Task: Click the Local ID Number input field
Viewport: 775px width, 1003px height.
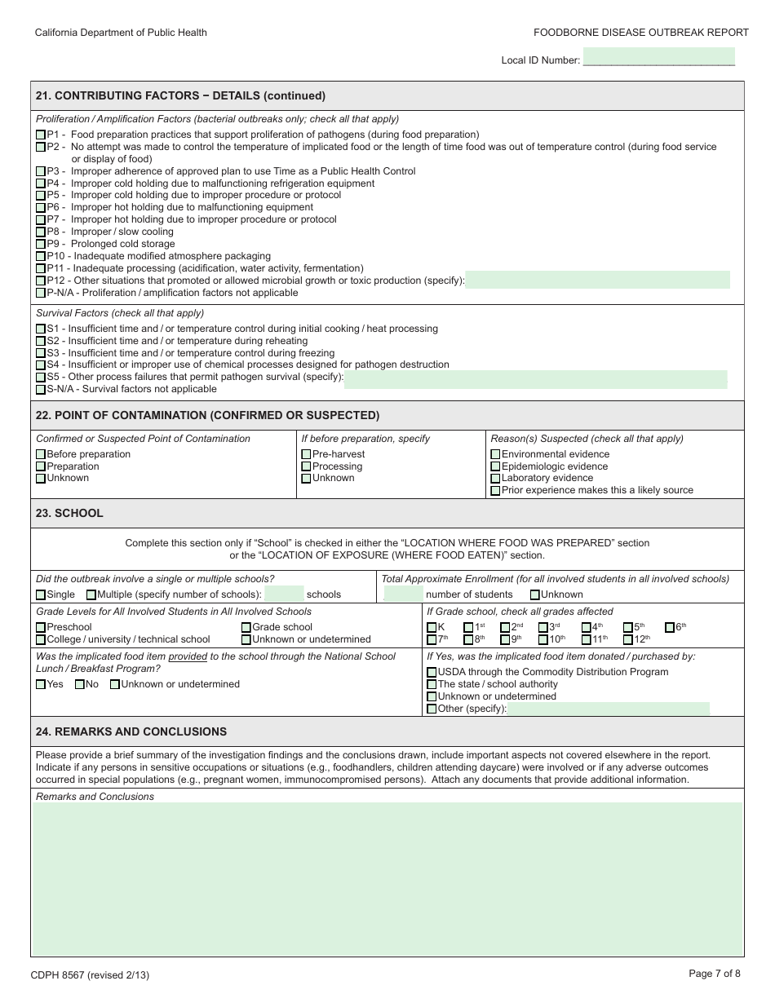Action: [x=658, y=57]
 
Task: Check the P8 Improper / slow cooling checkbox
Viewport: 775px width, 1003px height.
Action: [x=41, y=232]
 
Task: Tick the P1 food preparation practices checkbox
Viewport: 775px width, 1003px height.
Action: [x=41, y=135]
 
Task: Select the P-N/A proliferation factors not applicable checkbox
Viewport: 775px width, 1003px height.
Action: [x=41, y=293]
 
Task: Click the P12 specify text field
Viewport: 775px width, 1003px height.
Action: [x=597, y=281]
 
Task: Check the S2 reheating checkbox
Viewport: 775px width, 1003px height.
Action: [x=41, y=342]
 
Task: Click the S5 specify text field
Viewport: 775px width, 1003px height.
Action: [x=535, y=378]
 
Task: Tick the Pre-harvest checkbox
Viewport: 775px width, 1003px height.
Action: [x=306, y=454]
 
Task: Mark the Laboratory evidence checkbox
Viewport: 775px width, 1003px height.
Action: [x=495, y=479]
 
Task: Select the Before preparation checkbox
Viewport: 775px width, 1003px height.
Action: [x=41, y=454]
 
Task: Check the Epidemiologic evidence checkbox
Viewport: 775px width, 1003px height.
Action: [x=495, y=466]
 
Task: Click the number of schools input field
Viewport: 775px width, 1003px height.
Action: [x=284, y=594]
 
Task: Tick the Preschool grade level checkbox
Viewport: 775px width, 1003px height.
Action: [x=41, y=628]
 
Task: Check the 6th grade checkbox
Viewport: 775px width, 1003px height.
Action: [x=669, y=628]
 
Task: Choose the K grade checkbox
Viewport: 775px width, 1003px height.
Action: [x=432, y=628]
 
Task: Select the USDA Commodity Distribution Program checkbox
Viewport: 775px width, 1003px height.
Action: [x=432, y=673]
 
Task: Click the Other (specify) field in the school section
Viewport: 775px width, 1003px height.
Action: [x=608, y=709]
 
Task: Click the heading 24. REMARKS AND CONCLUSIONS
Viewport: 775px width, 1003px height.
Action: [x=131, y=731]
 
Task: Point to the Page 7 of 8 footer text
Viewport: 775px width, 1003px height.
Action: [x=715, y=973]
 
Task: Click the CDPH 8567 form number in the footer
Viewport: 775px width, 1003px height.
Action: [x=90, y=974]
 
